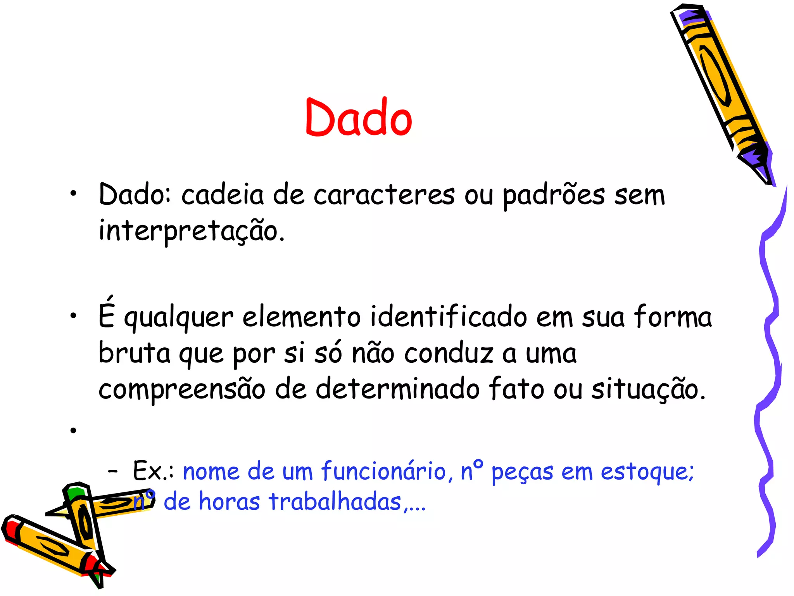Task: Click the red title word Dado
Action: pos(359,118)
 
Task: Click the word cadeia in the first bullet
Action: pos(223,195)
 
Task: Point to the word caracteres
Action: pos(384,195)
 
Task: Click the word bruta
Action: pos(134,353)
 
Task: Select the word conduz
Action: pos(449,353)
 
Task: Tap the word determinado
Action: pos(397,389)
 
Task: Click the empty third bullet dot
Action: pos(73,430)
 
